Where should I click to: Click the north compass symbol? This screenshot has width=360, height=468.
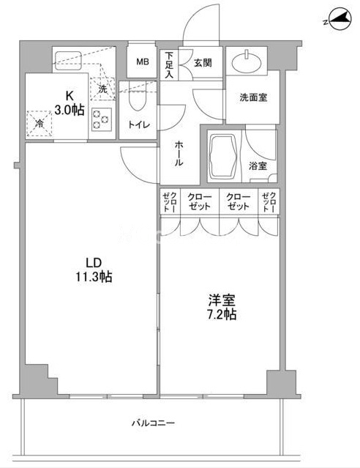[x=340, y=19]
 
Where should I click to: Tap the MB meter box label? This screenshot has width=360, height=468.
[x=142, y=62]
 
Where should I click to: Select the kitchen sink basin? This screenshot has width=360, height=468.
[x=68, y=61]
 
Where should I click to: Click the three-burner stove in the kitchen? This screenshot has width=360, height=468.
[x=102, y=119]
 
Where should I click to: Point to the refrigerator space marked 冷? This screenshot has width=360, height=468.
[x=40, y=124]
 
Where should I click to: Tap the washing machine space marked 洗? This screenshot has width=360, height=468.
[x=102, y=89]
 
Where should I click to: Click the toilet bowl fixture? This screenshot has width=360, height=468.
[x=138, y=100]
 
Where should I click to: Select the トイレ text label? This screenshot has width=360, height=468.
[x=138, y=125]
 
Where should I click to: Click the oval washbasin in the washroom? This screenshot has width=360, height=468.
[x=247, y=63]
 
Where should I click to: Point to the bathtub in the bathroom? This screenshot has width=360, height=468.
[x=224, y=157]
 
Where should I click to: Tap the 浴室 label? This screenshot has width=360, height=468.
[x=258, y=166]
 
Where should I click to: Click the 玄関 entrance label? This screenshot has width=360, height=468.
[x=203, y=63]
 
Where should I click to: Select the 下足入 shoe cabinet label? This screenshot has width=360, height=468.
[x=170, y=65]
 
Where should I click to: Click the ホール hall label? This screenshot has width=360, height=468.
[x=179, y=154]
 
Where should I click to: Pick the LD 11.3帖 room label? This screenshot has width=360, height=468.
[x=94, y=270]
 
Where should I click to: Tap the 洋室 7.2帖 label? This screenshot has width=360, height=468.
[x=222, y=308]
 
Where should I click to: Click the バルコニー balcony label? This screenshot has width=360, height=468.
[x=154, y=423]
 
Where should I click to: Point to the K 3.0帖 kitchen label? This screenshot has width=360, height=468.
[x=70, y=103]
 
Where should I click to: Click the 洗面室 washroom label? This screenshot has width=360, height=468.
[x=253, y=97]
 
